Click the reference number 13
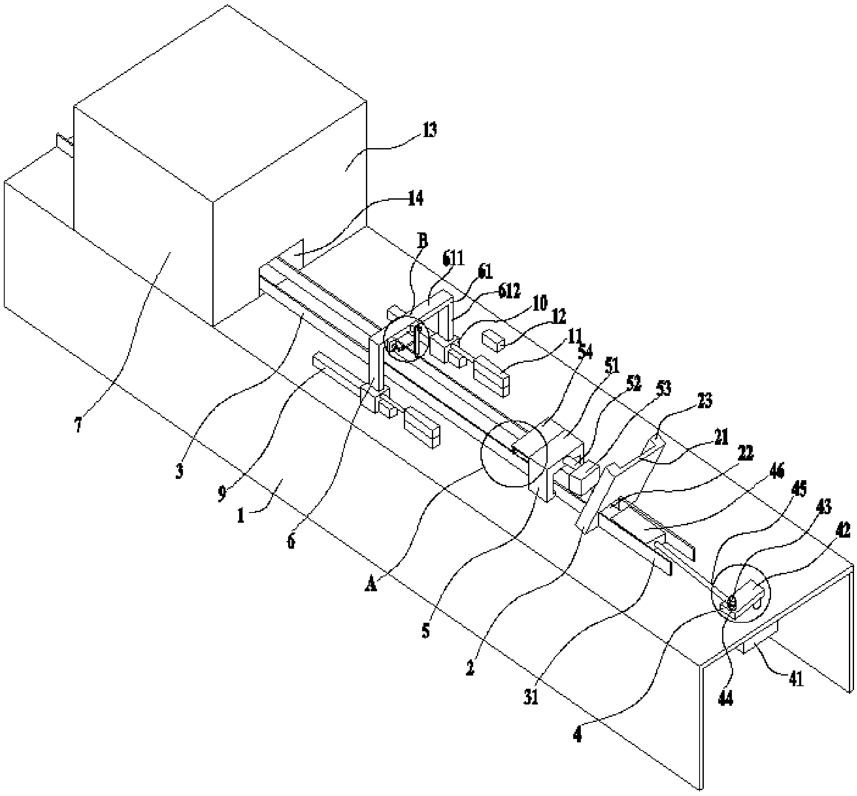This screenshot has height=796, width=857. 429,129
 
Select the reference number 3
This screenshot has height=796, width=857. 179,471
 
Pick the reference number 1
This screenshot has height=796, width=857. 241,515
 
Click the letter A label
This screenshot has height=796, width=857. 371,584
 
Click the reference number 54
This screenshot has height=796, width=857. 585,352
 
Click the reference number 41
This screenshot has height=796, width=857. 796,680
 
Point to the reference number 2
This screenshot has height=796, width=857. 470,668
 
